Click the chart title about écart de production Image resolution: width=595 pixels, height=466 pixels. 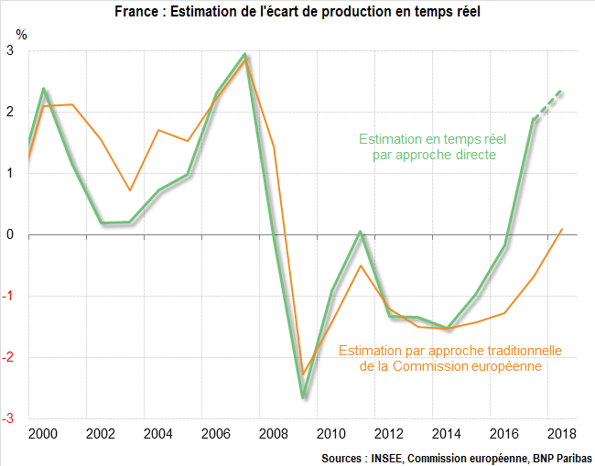[x=297, y=12]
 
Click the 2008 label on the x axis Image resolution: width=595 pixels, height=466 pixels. [x=273, y=433]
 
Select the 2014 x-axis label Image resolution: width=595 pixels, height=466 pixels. [x=447, y=433]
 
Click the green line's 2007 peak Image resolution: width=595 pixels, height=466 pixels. [x=245, y=55]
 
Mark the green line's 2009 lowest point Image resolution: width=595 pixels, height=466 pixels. [x=303, y=397]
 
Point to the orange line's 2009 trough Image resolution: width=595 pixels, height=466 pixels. [x=303, y=374]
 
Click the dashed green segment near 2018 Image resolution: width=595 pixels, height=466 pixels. [x=548, y=103]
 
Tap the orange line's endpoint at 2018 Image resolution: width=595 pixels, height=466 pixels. [x=562, y=229]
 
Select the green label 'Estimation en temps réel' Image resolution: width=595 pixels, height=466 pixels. [x=427, y=139]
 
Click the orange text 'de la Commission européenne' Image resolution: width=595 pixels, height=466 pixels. [x=449, y=366]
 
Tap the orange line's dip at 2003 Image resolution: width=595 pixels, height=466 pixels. [x=130, y=190]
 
